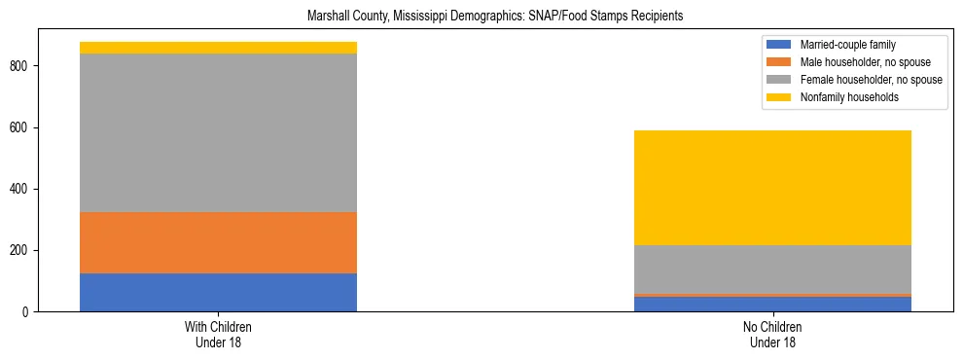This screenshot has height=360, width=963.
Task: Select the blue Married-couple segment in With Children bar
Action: coord(218,292)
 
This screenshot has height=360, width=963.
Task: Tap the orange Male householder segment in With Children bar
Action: coord(218,242)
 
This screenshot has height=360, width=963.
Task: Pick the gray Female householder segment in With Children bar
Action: coord(218,132)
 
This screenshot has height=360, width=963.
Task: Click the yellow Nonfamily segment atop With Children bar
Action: coord(218,48)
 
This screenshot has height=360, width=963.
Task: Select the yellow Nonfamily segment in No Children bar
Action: coord(772,188)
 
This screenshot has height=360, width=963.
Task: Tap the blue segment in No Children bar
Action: coord(772,304)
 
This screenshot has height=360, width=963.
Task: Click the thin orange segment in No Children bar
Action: coord(772,295)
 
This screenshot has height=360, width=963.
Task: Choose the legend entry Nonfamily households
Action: coord(842,97)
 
